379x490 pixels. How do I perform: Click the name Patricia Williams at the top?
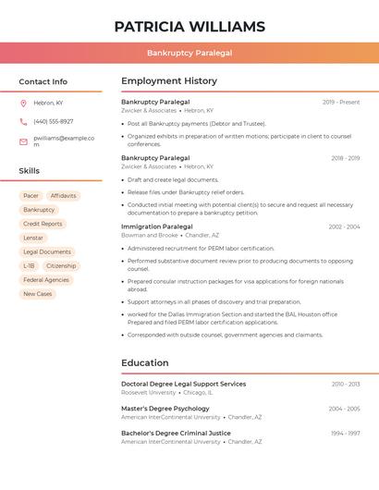coord(189,27)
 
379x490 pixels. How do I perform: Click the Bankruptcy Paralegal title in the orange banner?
coord(189,53)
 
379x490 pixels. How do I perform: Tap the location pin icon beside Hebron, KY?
coord(23,103)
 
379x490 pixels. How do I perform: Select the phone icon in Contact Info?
coord(23,121)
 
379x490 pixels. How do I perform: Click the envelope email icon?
coord(23,141)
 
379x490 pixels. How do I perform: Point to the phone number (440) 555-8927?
coord(53,121)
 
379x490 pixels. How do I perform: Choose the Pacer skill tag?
coord(31,196)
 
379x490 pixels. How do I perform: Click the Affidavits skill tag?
coord(64,196)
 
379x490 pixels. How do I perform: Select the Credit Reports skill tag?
coord(43,224)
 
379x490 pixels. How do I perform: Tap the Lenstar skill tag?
coord(33,238)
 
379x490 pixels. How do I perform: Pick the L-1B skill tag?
coord(29,265)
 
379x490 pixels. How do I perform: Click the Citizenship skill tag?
coord(61,265)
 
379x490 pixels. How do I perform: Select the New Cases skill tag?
coord(37,294)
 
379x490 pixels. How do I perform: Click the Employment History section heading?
coord(169,81)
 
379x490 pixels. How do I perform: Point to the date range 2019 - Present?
coord(341,102)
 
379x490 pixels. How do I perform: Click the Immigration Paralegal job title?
coord(156,227)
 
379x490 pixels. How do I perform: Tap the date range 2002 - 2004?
coord(344,227)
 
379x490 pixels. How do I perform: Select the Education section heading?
coord(145,363)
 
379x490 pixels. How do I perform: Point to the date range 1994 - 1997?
coord(346,433)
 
